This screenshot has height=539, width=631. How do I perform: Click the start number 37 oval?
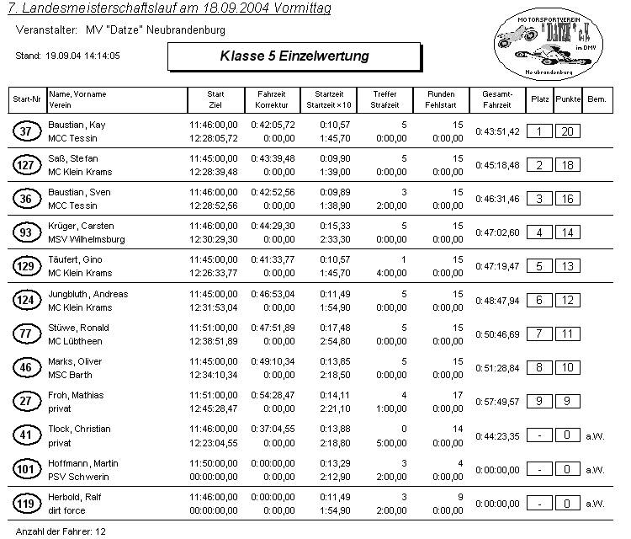[26, 131]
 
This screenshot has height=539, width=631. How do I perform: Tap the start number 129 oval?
[26, 267]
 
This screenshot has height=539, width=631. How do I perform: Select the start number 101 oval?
[26, 470]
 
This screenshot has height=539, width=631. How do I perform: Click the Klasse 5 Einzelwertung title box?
[294, 56]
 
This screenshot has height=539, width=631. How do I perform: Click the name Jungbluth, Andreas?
[87, 294]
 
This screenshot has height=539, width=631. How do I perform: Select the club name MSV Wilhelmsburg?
[87, 239]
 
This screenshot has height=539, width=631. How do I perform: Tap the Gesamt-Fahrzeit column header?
[497, 99]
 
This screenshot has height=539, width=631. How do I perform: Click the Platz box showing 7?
[538, 334]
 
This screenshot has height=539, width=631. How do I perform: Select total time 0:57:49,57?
[497, 403]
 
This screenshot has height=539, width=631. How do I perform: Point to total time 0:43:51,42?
[497, 131]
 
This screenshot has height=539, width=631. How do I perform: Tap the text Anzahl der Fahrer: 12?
[58, 532]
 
